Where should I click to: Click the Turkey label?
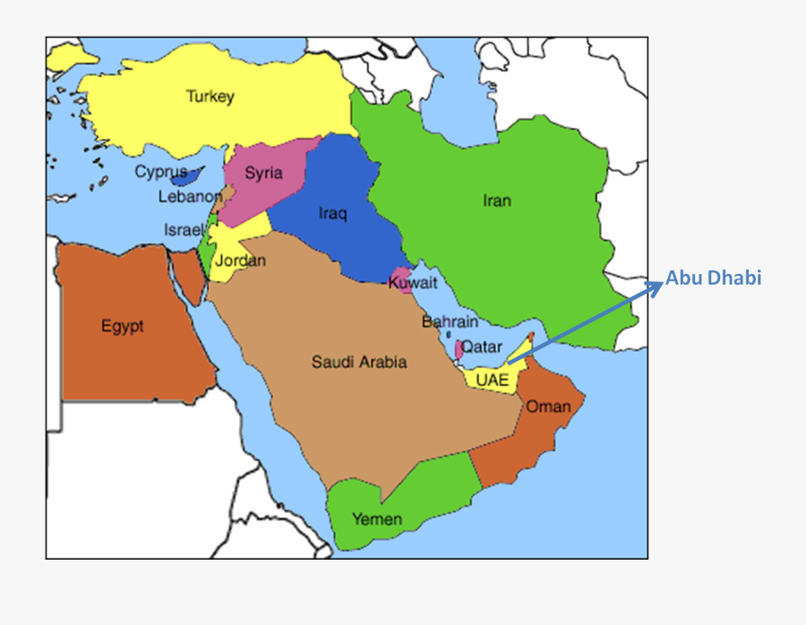[210, 97]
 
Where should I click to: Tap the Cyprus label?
[161, 172]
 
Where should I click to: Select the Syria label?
[263, 173]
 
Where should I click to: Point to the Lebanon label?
[190, 197]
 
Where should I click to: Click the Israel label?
[183, 230]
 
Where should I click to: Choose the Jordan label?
[240, 261]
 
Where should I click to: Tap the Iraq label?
[332, 213]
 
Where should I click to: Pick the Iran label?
[496, 201]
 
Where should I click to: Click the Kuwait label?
[413, 284]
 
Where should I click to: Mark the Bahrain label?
[450, 321]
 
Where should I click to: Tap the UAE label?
[492, 379]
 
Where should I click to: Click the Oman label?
[548, 407]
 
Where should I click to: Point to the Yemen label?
[376, 518]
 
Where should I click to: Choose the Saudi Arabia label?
[358, 362]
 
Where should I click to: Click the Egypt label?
[122, 327]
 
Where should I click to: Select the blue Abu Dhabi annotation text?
[713, 278]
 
